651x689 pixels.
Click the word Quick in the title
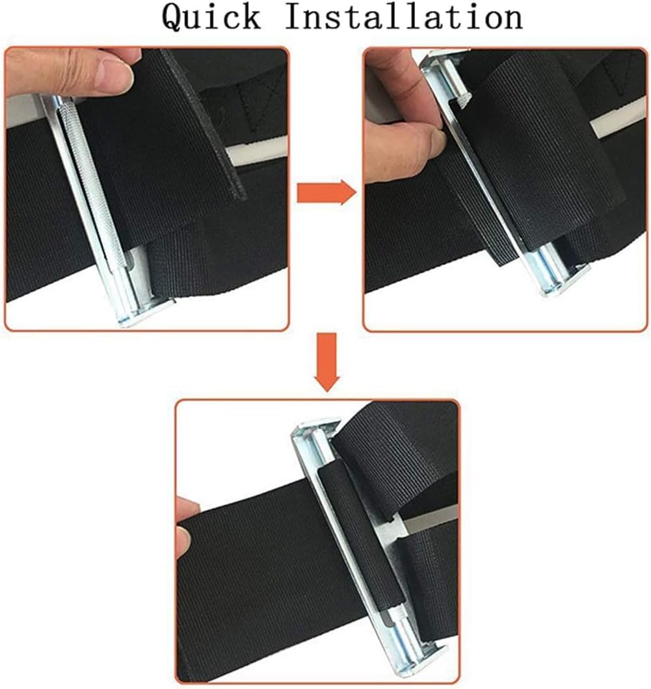211,18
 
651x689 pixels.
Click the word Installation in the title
403,18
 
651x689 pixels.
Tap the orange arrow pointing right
326,193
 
